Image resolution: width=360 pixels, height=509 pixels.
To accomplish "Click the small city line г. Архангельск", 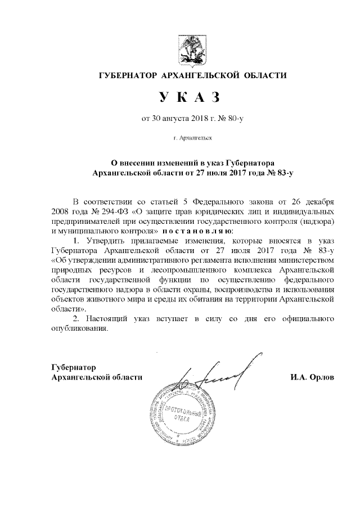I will pos(192,137).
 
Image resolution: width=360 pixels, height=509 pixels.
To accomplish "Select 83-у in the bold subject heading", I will pos(283,173).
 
